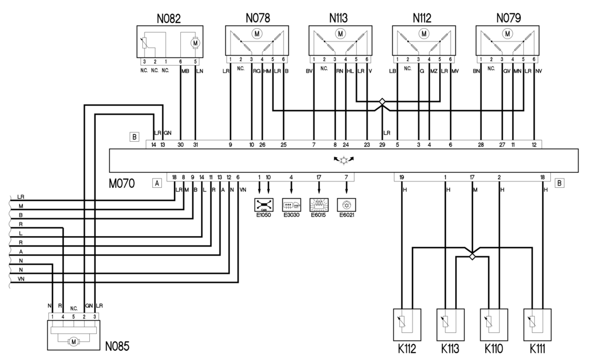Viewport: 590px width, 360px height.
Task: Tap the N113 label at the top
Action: click(x=340, y=18)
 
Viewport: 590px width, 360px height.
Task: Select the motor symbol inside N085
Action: click(x=74, y=342)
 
